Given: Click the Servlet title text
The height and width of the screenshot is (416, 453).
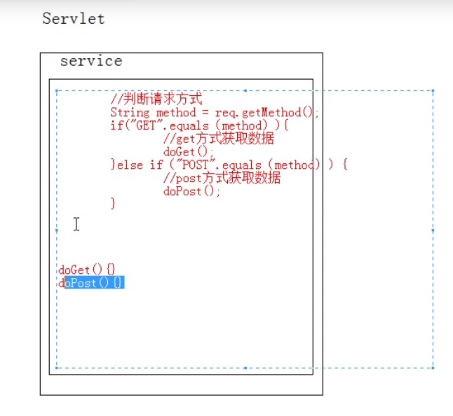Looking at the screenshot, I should click(x=74, y=19).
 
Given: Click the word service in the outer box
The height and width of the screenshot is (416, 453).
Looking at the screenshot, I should click(x=91, y=61).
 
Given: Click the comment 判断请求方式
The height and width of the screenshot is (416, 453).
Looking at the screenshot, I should click(x=156, y=100).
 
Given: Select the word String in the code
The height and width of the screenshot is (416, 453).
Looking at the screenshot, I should click(x=130, y=113).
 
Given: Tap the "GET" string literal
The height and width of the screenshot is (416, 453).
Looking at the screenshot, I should click(x=138, y=125).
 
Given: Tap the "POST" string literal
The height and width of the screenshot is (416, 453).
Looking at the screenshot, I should click(x=198, y=165).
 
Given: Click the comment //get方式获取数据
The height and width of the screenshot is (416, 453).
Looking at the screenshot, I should click(x=218, y=139).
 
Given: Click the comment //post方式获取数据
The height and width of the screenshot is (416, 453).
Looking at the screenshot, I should click(x=222, y=178).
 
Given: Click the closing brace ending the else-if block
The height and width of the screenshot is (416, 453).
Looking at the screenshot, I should click(x=113, y=203).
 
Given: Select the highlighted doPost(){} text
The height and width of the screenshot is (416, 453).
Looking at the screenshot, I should click(x=94, y=283).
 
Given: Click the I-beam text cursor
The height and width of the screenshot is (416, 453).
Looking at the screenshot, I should click(x=76, y=224).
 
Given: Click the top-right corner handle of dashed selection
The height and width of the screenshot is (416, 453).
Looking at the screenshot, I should click(x=433, y=90).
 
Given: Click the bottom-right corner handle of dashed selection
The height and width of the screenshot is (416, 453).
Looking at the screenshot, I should click(x=433, y=368).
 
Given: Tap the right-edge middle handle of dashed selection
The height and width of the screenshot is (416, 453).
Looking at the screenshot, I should click(x=433, y=229).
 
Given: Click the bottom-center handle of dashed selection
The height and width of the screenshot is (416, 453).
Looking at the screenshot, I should click(x=245, y=368).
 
